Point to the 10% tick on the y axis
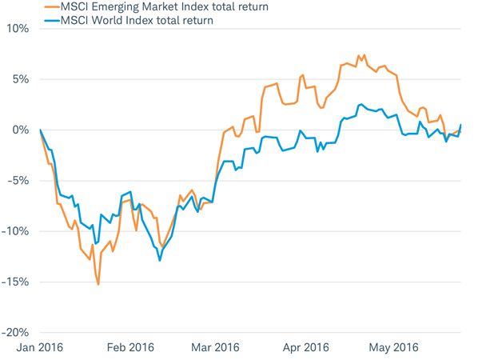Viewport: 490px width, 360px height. click(x=18, y=29)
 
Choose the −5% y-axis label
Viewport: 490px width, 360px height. click(x=18, y=181)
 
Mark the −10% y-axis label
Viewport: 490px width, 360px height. click(x=16, y=231)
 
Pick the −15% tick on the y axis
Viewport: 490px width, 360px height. click(x=16, y=282)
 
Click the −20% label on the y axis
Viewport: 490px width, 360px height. click(x=16, y=332)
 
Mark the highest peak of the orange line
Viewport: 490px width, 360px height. click(x=364, y=55)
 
